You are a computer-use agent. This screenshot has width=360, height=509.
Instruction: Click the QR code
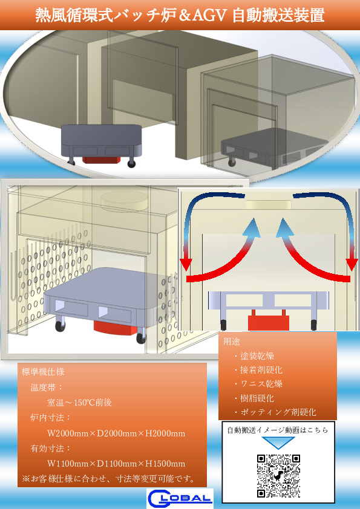[278, 476]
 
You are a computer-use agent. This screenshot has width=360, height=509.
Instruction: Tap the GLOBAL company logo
[180, 498]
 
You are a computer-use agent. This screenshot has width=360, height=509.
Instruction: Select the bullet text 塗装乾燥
[257, 356]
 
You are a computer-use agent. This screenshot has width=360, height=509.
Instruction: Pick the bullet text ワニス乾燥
[261, 384]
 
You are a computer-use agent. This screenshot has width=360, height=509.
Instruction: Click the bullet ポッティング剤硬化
[278, 412]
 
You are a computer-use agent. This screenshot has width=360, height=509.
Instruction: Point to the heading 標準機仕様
[43, 371]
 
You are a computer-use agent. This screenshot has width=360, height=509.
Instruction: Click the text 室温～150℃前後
[80, 403]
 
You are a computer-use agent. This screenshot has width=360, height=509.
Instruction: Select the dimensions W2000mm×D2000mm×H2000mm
[116, 433]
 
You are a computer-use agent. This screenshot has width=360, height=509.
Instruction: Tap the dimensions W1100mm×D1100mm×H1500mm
[116, 464]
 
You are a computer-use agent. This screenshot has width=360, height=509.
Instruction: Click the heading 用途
[232, 341]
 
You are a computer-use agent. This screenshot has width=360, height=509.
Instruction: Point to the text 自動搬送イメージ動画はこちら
[278, 430]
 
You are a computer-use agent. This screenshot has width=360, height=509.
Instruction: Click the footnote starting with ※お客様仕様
[108, 479]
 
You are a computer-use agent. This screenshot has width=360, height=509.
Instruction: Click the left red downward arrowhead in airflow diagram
[186, 265]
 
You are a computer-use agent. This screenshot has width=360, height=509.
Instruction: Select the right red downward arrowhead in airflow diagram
[352, 265]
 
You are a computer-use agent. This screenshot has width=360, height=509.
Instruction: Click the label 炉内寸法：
[51, 418]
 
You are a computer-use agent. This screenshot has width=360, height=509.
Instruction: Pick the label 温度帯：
[47, 387]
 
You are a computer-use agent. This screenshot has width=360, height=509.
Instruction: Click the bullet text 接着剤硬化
[261, 370]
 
